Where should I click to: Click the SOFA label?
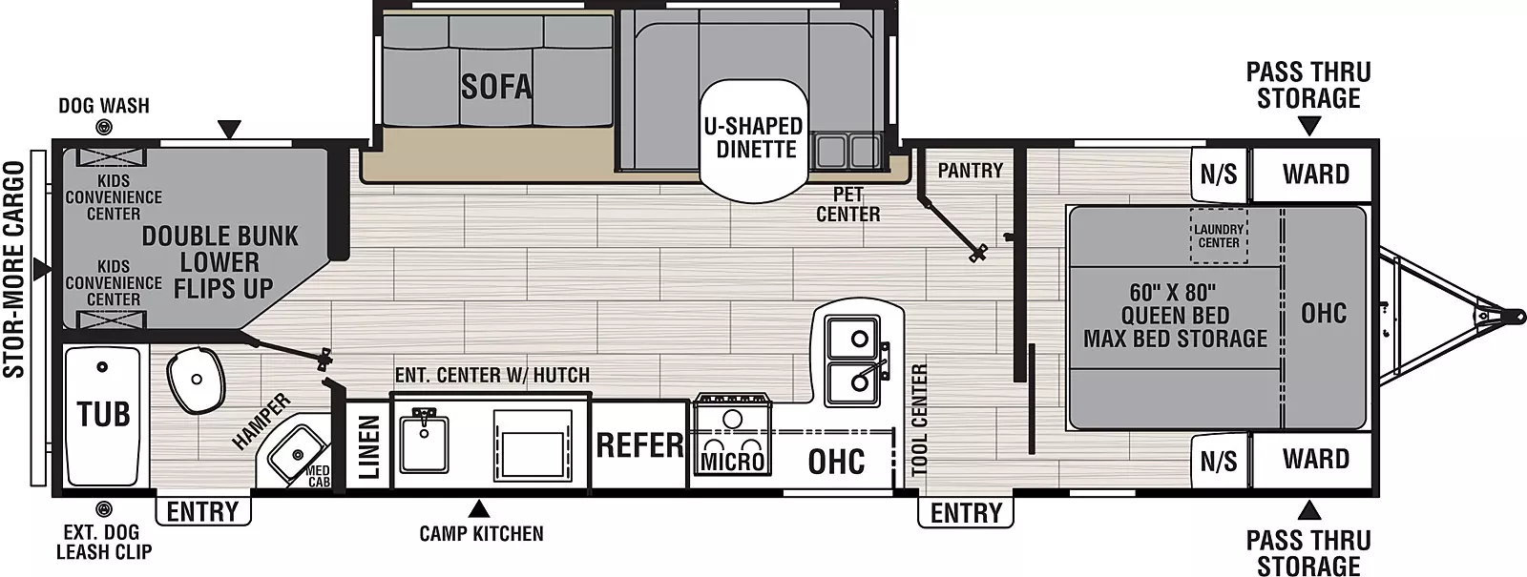pos(496,87)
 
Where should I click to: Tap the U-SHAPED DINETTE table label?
pos(755,138)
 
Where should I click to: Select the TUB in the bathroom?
pos(104,415)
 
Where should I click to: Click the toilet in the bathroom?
pos(196,380)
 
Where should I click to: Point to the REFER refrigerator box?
pos(639,444)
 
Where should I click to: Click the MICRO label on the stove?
pos(733,462)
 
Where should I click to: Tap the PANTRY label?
pos(970,171)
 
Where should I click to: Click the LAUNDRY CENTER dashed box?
pos(1219,236)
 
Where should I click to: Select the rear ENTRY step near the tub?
pos(203,511)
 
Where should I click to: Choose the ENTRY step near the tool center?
pos(966,512)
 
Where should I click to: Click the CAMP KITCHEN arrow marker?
pos(479,509)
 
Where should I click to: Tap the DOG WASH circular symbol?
pos(104,126)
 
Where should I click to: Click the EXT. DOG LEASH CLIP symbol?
pos(104,508)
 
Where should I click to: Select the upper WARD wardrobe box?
pos(1313,175)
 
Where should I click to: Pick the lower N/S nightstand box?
pos(1219,462)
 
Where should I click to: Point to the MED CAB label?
pos(318,476)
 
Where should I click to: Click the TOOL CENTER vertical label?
pos(920,420)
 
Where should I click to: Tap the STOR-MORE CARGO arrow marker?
pos(42,270)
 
